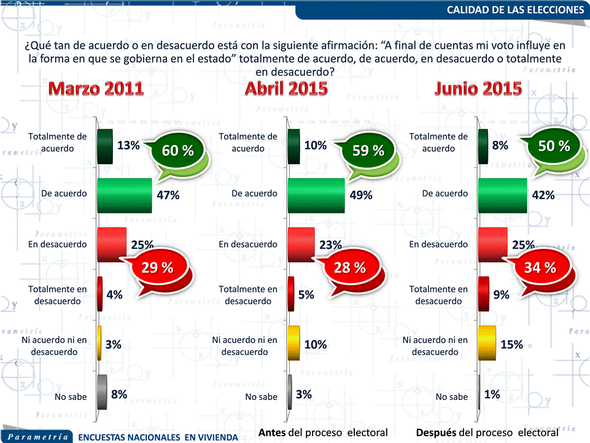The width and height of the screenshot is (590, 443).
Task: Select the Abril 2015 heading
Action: click(x=286, y=88)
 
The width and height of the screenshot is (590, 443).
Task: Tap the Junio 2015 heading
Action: click(x=478, y=88)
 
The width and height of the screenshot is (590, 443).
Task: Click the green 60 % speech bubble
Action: click(x=177, y=151)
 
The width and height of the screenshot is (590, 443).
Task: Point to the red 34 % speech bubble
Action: click(x=540, y=268)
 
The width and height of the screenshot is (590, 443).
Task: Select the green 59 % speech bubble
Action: click(x=368, y=151)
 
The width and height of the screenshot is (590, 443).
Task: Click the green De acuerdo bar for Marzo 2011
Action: click(x=124, y=195)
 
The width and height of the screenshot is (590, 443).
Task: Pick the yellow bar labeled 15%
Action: click(x=486, y=343)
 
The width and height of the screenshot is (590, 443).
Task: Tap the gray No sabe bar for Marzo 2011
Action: click(x=102, y=393)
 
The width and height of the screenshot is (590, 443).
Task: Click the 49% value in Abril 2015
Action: click(x=361, y=195)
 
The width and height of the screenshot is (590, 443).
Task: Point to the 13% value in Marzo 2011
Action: click(x=128, y=146)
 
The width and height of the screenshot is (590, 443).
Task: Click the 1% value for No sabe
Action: click(x=492, y=394)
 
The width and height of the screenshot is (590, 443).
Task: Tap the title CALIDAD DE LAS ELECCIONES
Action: click(x=515, y=9)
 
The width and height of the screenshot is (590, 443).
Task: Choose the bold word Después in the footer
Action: click(x=436, y=433)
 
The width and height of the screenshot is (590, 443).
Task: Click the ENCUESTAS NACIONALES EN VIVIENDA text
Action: click(x=158, y=437)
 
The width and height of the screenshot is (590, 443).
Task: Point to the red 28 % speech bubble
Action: click(x=350, y=268)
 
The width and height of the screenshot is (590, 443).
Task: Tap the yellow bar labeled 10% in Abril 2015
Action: click(x=294, y=343)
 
